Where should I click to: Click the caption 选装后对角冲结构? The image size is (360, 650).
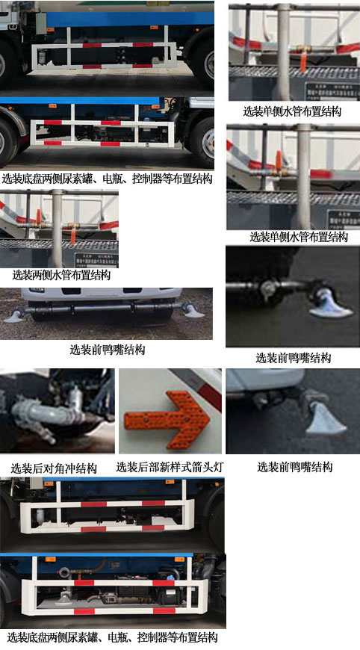[x=54, y=468]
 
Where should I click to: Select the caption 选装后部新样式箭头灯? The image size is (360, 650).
[x=170, y=467]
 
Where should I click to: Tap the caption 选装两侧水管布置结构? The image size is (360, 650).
[x=61, y=275]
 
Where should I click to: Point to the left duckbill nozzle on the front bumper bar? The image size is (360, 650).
[x=13, y=316]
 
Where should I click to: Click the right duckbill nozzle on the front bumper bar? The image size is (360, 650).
[x=193, y=311]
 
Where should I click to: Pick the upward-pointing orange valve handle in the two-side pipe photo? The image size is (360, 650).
[x=39, y=216]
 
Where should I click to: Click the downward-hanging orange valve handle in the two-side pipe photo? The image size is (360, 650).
[x=73, y=236]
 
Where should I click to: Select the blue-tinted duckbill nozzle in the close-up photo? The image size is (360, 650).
[x=329, y=305]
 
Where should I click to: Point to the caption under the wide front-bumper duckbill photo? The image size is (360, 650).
[x=108, y=350]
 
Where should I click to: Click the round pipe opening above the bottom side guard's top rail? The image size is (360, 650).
[x=63, y=572]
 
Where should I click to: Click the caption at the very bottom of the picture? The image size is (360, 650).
[x=112, y=637]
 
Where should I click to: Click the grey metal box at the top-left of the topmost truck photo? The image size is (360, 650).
[x=40, y=23]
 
